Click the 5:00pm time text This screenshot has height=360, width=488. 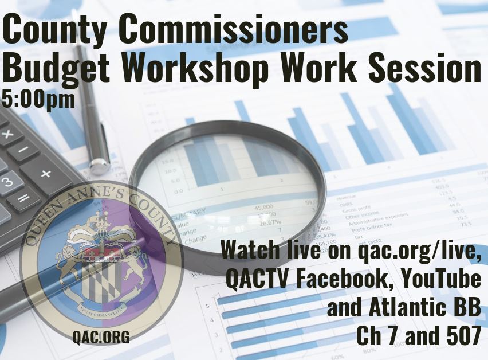(x=38, y=99)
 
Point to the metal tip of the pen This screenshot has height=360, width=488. (x=101, y=166)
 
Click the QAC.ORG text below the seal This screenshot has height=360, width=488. (x=101, y=337)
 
